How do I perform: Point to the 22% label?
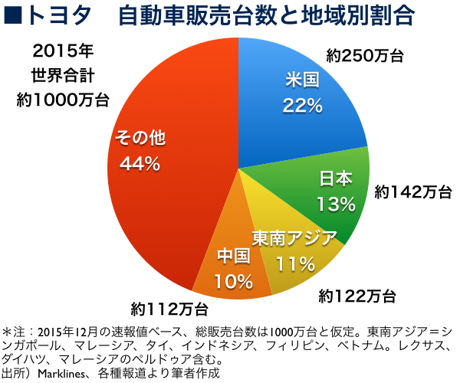tap(301, 105)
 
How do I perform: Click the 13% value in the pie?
tap(336, 204)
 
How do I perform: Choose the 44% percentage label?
tap(139, 163)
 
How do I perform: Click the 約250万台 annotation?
tap(364, 55)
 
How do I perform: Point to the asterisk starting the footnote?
tap(7, 331)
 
